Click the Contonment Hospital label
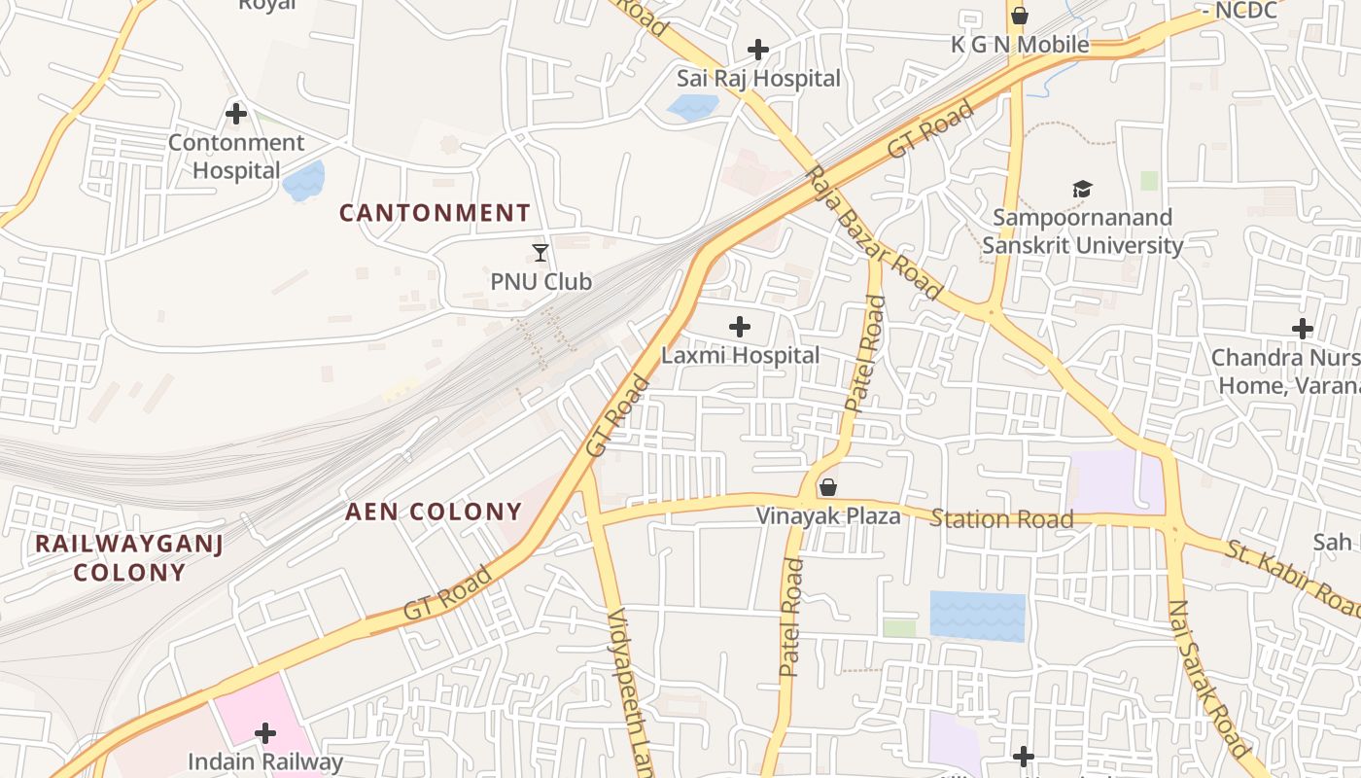click(x=236, y=157)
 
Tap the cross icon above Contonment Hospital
click(x=236, y=114)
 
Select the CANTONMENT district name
click(x=435, y=213)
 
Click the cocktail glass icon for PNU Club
click(x=541, y=253)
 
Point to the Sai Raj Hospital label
click(x=758, y=78)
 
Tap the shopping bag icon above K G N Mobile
click(x=1019, y=16)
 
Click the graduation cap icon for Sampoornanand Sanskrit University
click(x=1082, y=189)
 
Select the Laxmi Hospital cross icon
click(x=740, y=327)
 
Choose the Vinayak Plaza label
click(x=828, y=515)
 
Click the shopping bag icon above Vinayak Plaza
click(x=828, y=487)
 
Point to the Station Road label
click(x=1001, y=518)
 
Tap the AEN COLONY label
click(x=434, y=512)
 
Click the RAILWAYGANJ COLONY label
click(x=129, y=557)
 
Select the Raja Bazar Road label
click(x=874, y=233)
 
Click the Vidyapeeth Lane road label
click(x=628, y=690)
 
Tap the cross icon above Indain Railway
click(x=265, y=733)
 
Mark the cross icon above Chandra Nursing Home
click(x=1303, y=329)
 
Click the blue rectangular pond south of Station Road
click(x=977, y=616)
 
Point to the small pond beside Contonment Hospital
click(x=303, y=181)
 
